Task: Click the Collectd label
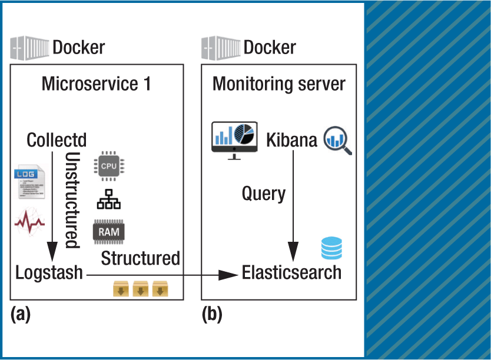(x=57, y=141)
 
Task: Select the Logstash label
(x=49, y=272)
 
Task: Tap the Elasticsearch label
(x=291, y=272)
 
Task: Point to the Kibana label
(x=291, y=141)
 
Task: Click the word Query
(x=264, y=194)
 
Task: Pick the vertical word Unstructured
(x=72, y=200)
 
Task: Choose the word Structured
(x=140, y=258)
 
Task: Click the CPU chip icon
(x=109, y=166)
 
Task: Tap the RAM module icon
(x=109, y=232)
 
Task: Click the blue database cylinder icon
(x=331, y=248)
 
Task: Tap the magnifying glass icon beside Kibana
(x=337, y=141)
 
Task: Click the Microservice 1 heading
(x=97, y=84)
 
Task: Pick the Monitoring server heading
(x=279, y=84)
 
